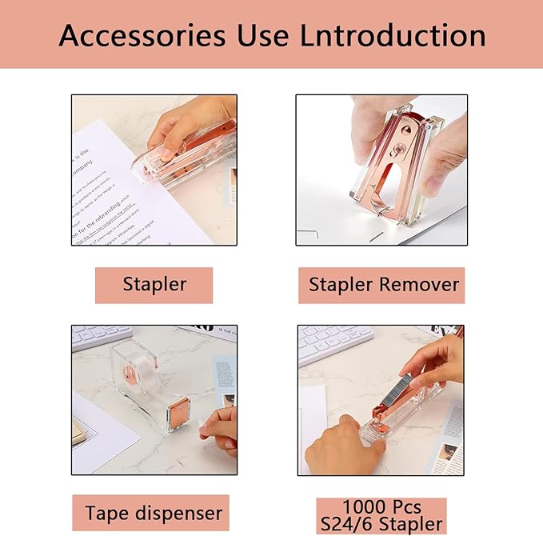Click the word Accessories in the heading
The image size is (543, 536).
pyautogui.click(x=140, y=35)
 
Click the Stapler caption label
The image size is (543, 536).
pyautogui.click(x=154, y=284)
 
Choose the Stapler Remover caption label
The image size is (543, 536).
pyautogui.click(x=384, y=284)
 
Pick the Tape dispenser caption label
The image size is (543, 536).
pyautogui.click(x=154, y=513)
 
